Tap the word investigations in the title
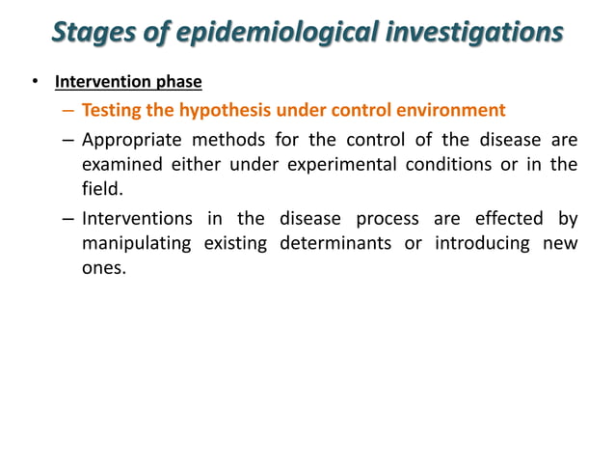pos(474,33)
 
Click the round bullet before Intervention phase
pos(36,82)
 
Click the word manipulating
pos(134,244)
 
